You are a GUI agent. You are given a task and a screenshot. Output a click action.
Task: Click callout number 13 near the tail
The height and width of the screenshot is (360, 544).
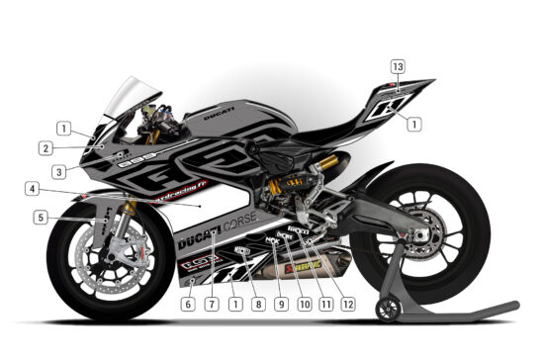pos(398,66)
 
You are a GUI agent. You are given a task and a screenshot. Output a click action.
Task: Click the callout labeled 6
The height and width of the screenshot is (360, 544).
pos(187,306)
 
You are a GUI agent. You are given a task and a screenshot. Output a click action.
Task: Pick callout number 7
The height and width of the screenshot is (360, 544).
pos(211,306)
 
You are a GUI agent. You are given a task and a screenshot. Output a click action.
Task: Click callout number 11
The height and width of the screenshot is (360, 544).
pos(326,306)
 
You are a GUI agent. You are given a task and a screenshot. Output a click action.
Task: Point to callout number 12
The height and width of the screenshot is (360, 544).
pos(348,306)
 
